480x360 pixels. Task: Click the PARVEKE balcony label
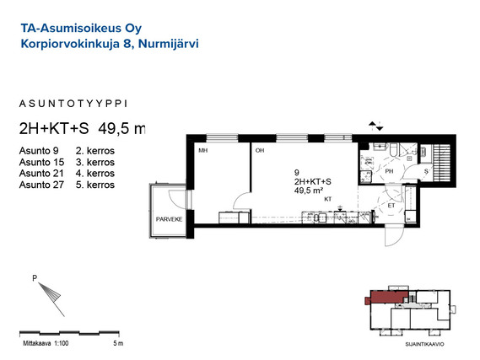pyautogui.click(x=169, y=219)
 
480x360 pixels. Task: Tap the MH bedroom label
pyautogui.click(x=202, y=150)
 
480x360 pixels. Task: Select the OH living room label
pyautogui.click(x=260, y=150)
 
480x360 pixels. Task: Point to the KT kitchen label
pyautogui.click(x=328, y=199)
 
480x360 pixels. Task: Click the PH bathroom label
pyautogui.click(x=389, y=171)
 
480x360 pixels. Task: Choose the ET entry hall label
pyautogui.click(x=391, y=206)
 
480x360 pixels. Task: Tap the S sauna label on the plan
pyautogui.click(x=426, y=172)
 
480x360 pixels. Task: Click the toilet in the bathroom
pyautogui.click(x=394, y=149)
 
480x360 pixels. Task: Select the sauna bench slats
pyautogui.click(x=442, y=163)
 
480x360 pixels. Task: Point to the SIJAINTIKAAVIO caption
pyautogui.click(x=424, y=344)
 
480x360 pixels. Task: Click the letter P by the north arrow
pyautogui.click(x=35, y=278)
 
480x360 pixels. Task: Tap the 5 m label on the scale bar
pyautogui.click(x=118, y=343)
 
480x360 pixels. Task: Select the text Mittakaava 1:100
pyautogui.click(x=46, y=343)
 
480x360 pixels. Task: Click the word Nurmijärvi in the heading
pyautogui.click(x=169, y=44)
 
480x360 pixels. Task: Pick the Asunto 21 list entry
pyautogui.click(x=41, y=174)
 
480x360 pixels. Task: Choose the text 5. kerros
pyautogui.click(x=95, y=185)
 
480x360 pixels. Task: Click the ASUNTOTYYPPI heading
pyautogui.click(x=73, y=104)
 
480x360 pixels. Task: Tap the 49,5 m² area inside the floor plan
pyautogui.click(x=309, y=191)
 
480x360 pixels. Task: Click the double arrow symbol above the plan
pyautogui.click(x=375, y=126)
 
